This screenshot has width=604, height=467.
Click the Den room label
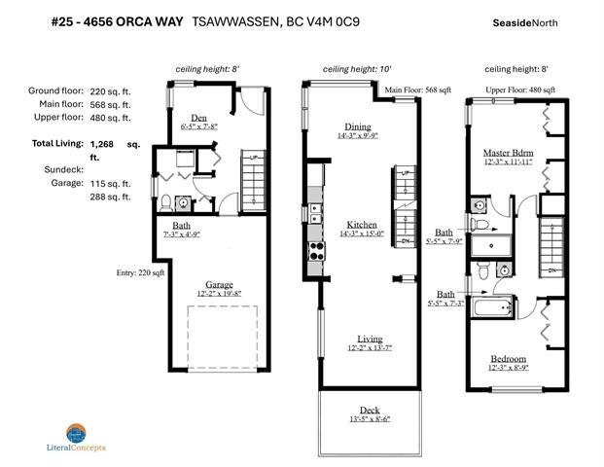click(198, 118)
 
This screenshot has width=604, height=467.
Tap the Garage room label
click(219, 284)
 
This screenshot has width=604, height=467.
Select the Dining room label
click(358, 126)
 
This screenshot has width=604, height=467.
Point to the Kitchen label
click(362, 224)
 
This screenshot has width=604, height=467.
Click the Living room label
click(370, 339)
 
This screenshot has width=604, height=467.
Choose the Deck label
click(370, 410)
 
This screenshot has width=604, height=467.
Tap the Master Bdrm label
click(509, 153)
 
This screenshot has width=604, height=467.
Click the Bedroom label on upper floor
click(509, 358)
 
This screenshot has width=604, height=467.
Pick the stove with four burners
click(317, 251)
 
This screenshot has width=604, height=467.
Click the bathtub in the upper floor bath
click(494, 307)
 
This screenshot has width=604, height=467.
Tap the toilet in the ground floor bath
click(166, 203)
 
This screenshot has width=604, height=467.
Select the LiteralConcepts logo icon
click(76, 433)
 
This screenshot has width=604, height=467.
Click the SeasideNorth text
click(525, 22)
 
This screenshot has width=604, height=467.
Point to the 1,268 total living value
click(102, 144)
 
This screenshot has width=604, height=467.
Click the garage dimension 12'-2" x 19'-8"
click(219, 293)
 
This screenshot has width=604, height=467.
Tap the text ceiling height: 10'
click(357, 69)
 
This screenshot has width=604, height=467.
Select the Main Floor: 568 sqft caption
click(418, 90)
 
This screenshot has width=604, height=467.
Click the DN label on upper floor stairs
click(552, 269)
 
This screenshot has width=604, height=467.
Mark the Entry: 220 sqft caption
click(141, 272)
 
